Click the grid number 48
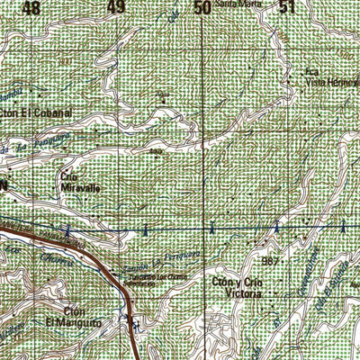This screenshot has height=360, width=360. pos(32,8)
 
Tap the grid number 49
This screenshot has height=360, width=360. pos(115,8)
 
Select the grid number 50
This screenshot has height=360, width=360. pos(202,8)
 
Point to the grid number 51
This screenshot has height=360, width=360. pos(287,8)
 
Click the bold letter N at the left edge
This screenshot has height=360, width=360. pos(4,184)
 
